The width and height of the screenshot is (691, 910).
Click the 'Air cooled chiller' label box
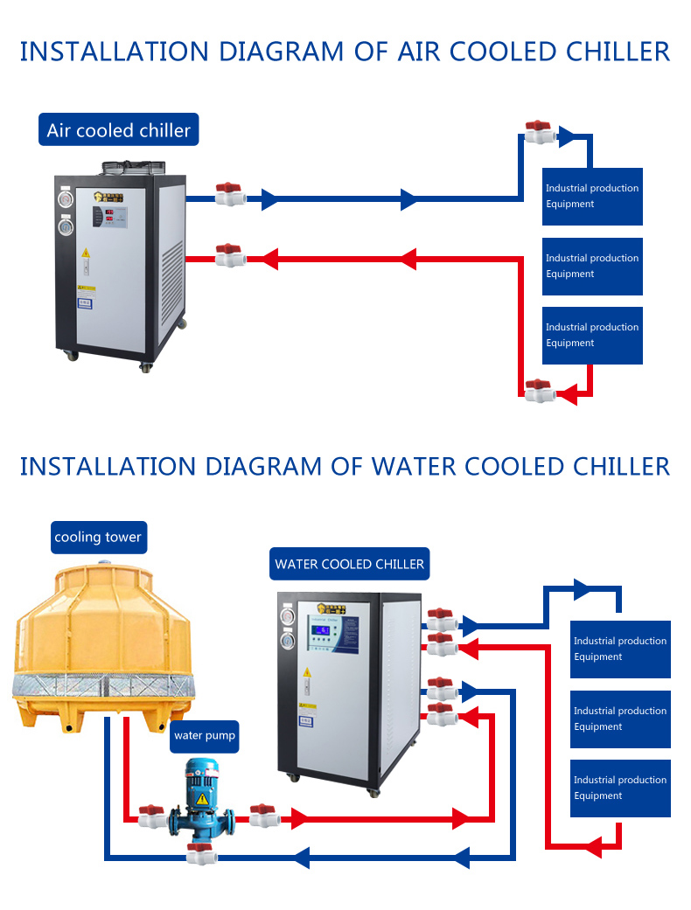(x=119, y=130)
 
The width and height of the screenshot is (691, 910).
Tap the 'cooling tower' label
(x=97, y=537)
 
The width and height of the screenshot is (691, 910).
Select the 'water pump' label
(x=205, y=735)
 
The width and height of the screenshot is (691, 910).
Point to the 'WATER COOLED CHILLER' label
(x=349, y=564)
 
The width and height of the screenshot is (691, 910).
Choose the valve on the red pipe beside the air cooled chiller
(x=230, y=255)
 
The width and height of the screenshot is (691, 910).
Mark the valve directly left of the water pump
(x=152, y=816)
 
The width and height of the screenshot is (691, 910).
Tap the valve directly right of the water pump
(x=263, y=816)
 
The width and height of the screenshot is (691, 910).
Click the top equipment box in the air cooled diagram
(x=592, y=197)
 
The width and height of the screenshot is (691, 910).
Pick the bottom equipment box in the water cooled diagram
(x=620, y=788)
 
